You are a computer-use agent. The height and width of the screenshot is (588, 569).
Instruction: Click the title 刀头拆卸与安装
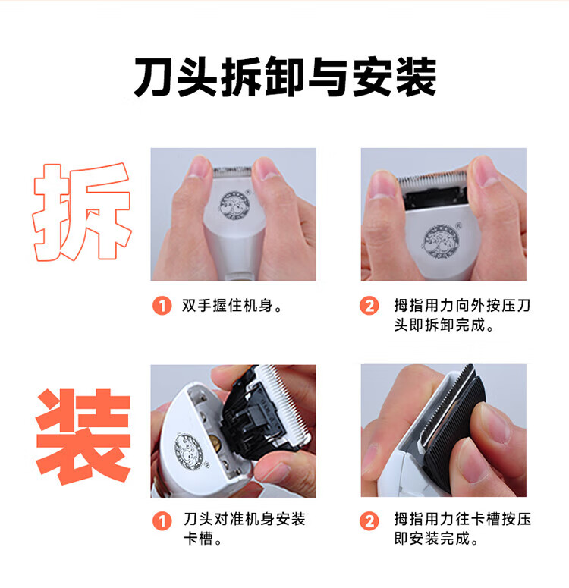[285, 77]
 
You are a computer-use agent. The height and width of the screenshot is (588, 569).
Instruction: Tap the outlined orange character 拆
[82, 212]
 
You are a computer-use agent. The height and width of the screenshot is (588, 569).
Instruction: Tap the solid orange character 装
[83, 436]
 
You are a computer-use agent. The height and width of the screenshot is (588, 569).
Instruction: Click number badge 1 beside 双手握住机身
[162, 306]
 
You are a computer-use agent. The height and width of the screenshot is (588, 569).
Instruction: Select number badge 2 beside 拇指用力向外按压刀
[369, 306]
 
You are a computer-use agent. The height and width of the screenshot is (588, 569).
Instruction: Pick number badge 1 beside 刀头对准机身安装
[162, 521]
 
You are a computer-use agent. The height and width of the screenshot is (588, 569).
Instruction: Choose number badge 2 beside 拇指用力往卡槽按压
[369, 521]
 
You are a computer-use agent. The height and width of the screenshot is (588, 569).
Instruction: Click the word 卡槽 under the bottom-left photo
[199, 539]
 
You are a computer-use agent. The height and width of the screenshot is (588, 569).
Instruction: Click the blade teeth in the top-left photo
[233, 171]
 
